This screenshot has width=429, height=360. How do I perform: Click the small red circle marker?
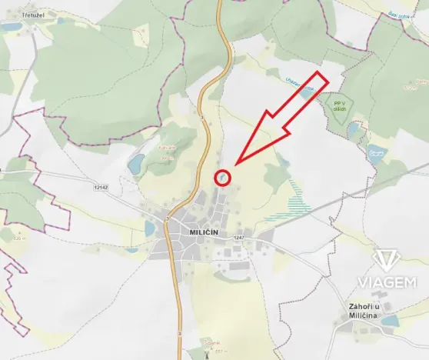[221, 178]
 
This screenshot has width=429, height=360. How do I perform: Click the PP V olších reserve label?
[340, 105]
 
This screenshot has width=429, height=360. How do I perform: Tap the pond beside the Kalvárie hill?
[136, 164]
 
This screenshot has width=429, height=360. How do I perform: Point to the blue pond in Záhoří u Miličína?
[389, 321]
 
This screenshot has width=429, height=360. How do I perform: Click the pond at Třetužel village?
[11, 25]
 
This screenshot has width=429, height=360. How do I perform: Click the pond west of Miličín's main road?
[149, 228]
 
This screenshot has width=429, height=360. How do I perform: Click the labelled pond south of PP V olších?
[377, 152]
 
